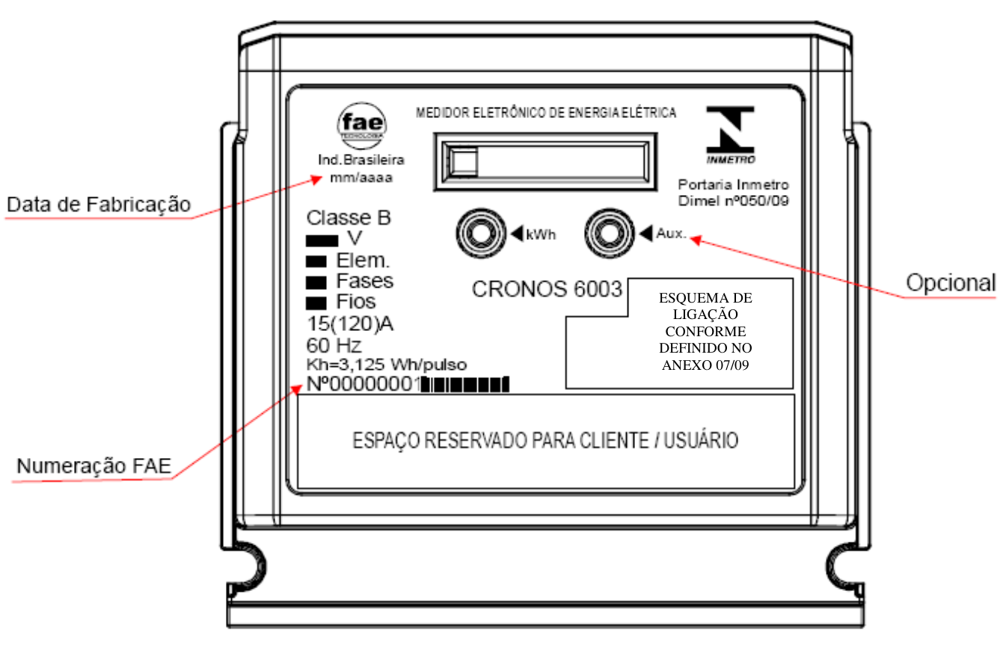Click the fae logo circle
click(x=361, y=126)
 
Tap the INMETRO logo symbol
click(x=730, y=130)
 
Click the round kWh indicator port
click(x=481, y=233)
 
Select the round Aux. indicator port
click(x=610, y=233)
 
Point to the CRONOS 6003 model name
click(x=547, y=289)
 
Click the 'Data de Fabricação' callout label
click(x=99, y=205)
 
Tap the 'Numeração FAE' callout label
click(x=93, y=465)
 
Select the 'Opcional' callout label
click(x=951, y=282)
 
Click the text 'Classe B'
click(x=349, y=217)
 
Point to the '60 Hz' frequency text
click(x=334, y=345)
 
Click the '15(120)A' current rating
click(x=350, y=324)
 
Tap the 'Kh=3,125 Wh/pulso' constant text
click(x=386, y=365)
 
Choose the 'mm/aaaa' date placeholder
click(x=361, y=178)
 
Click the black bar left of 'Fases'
click(x=316, y=282)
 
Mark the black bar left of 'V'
click(x=322, y=241)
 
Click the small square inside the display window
click(x=464, y=161)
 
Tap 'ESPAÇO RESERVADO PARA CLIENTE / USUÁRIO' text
click(x=545, y=441)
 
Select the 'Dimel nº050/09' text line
click(x=734, y=201)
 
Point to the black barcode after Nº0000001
click(x=464, y=385)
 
